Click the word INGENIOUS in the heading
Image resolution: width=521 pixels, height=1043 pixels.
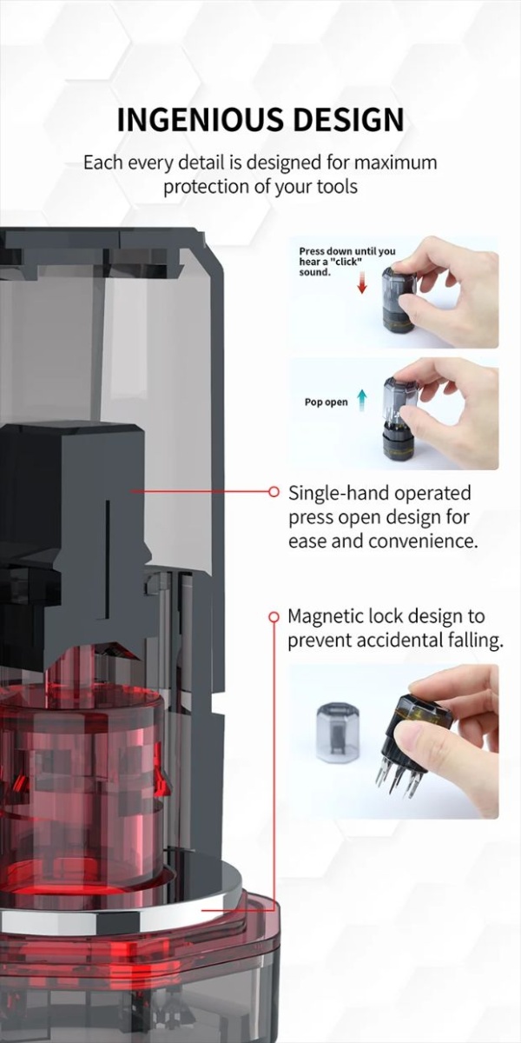[x=200, y=120]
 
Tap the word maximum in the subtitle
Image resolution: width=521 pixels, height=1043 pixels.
[x=395, y=163]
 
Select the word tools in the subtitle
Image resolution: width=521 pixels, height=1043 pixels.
[x=337, y=187]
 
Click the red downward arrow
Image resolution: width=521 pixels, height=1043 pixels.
[x=362, y=285]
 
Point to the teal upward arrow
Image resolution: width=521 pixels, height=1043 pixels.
[x=362, y=401]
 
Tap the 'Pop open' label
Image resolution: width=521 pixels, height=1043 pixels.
[x=326, y=402]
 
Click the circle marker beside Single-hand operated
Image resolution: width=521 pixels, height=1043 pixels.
[x=274, y=491]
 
